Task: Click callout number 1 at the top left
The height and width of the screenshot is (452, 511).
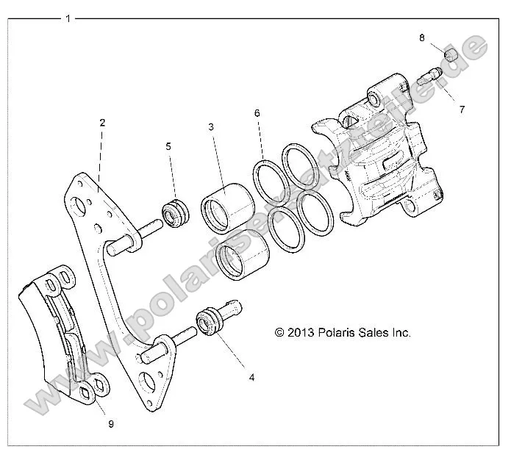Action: [68, 18]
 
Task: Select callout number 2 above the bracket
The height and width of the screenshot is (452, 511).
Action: [102, 123]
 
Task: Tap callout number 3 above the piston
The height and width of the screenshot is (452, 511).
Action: [211, 127]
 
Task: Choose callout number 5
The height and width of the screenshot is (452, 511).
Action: [168, 146]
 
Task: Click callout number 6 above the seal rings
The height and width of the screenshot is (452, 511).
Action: [257, 113]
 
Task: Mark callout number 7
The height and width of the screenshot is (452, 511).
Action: [461, 110]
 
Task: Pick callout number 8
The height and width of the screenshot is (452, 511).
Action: [422, 37]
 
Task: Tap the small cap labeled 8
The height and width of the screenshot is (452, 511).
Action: [451, 55]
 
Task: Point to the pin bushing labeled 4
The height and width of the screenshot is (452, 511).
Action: [209, 322]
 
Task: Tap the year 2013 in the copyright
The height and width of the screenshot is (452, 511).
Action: [300, 332]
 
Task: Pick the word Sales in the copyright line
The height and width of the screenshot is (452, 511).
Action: [376, 332]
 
